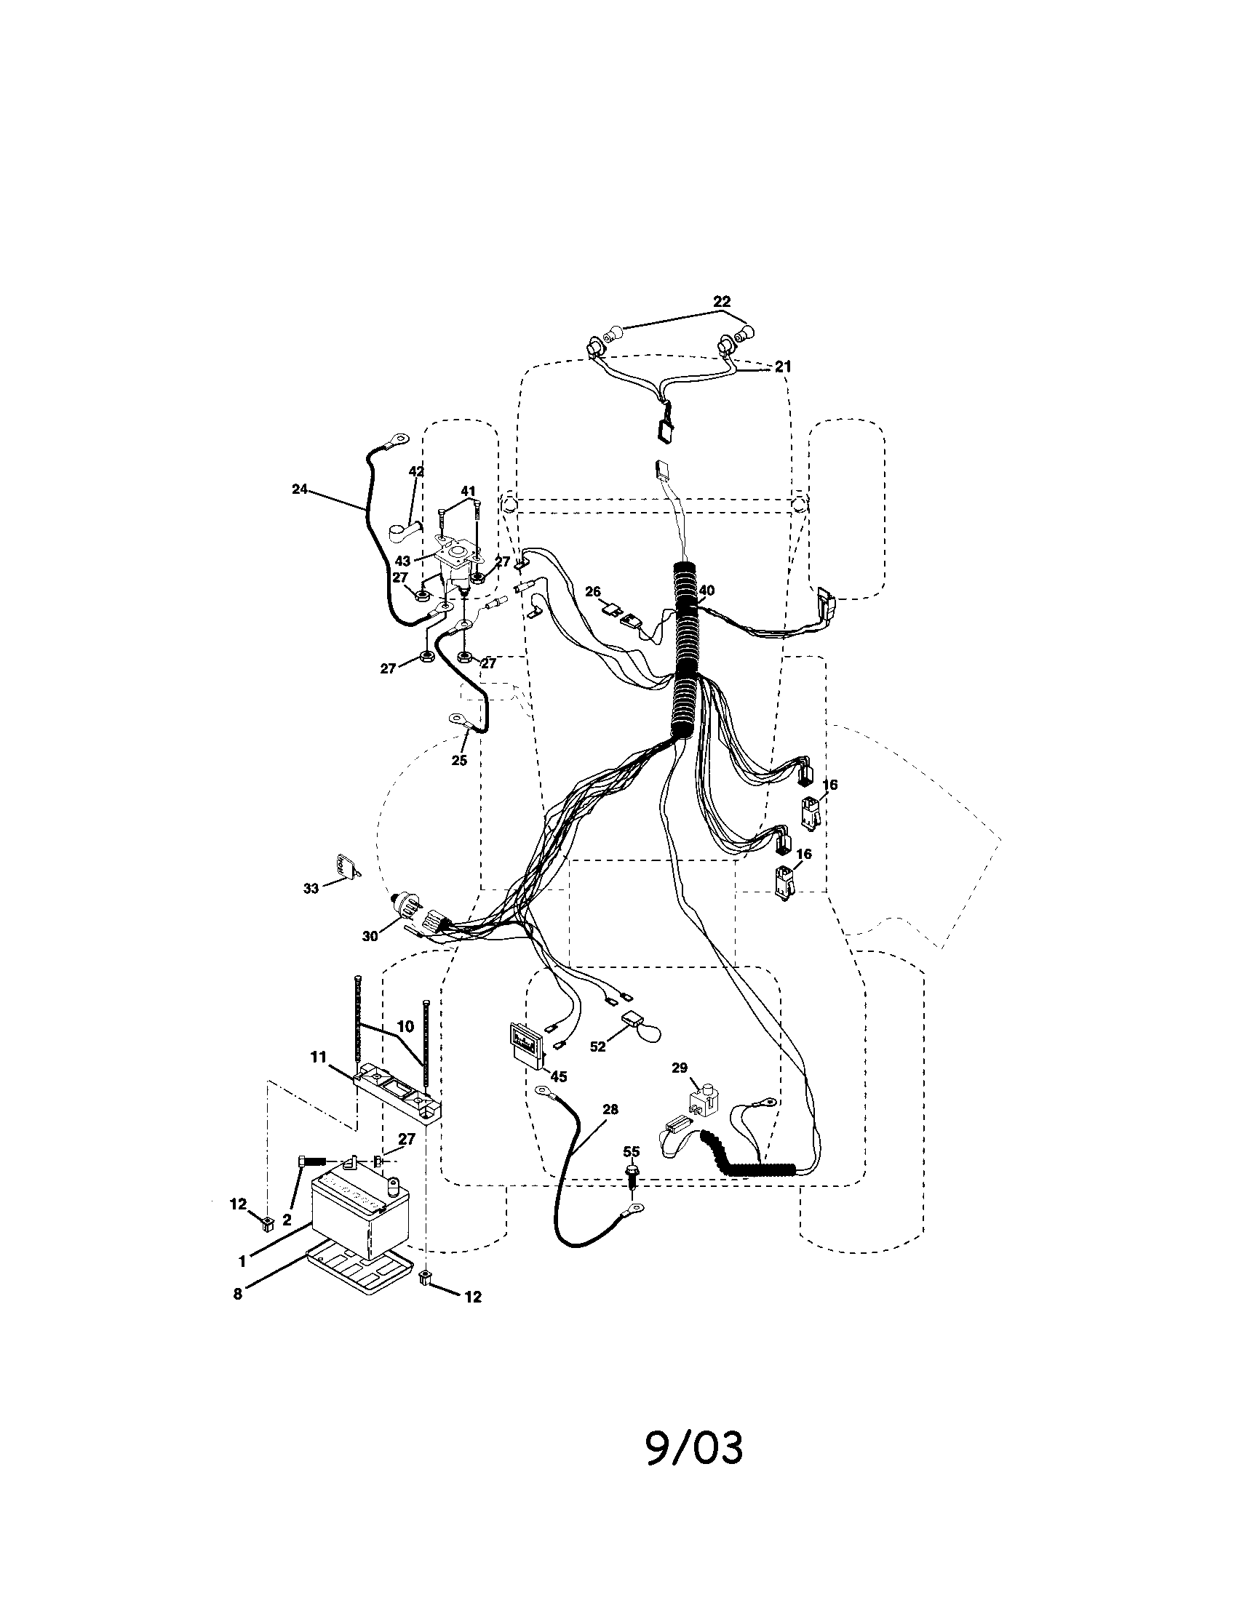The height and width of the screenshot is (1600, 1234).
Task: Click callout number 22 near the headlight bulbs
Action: click(722, 301)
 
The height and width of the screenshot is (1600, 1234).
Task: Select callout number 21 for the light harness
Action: click(784, 367)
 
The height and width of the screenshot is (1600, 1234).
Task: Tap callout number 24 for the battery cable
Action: click(299, 489)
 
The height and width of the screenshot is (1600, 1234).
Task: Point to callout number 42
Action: click(415, 472)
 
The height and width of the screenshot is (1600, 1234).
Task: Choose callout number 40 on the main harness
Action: click(706, 591)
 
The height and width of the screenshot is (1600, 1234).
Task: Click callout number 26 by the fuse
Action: click(593, 591)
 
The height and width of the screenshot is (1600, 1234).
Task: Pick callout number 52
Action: click(598, 1047)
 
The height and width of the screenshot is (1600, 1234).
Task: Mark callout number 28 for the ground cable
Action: click(609, 1110)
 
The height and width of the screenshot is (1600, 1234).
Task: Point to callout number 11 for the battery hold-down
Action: click(317, 1057)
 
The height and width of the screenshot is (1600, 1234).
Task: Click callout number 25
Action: click(458, 761)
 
